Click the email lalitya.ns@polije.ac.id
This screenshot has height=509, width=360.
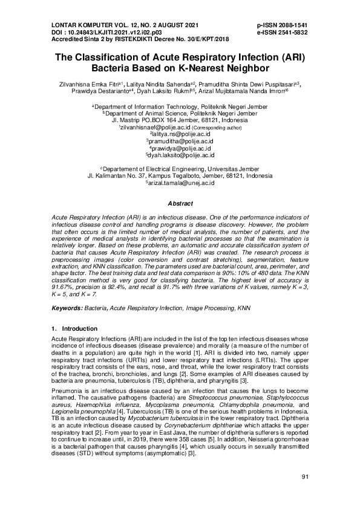[182, 135]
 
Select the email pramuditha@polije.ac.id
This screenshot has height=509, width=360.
[182, 141]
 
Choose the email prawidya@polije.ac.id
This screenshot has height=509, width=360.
[182, 148]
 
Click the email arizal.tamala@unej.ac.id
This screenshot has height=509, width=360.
[182, 183]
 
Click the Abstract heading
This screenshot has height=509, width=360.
[180, 204]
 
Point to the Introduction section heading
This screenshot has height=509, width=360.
[71, 328]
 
